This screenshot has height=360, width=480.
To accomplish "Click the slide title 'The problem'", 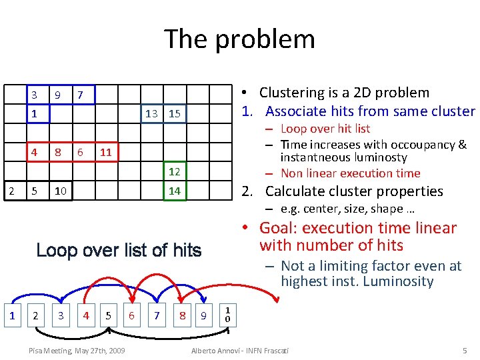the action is coord(239,39).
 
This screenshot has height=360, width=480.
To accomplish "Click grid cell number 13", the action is coord(151,113).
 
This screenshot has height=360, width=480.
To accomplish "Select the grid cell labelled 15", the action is coord(175,113).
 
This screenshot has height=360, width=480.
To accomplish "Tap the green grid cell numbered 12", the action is coord(175,172).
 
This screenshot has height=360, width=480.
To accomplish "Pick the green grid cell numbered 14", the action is coord(175,191).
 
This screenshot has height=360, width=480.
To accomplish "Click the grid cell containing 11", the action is coord(105,153).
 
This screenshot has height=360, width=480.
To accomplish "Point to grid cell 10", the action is coord(60,191).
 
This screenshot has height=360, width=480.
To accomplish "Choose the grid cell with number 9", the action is coord(58,95).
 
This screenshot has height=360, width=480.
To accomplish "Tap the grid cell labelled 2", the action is coord(11,191).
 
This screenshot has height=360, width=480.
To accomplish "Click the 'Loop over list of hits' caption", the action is coord(119,251).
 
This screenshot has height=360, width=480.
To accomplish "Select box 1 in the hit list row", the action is coord(11,314).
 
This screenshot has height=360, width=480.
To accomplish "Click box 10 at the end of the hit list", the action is coord(227,314).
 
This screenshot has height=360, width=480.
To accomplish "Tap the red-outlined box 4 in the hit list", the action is coord(84,314).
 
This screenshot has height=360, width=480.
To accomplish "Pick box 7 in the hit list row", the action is coord(156,314).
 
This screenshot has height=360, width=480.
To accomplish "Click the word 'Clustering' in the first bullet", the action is coord(291,93).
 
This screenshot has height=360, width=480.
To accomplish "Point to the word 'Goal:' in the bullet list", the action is coord(279,228).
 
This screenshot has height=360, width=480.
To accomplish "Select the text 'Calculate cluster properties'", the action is coord(354,191).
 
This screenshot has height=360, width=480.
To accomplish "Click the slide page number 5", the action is coord(465,351).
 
